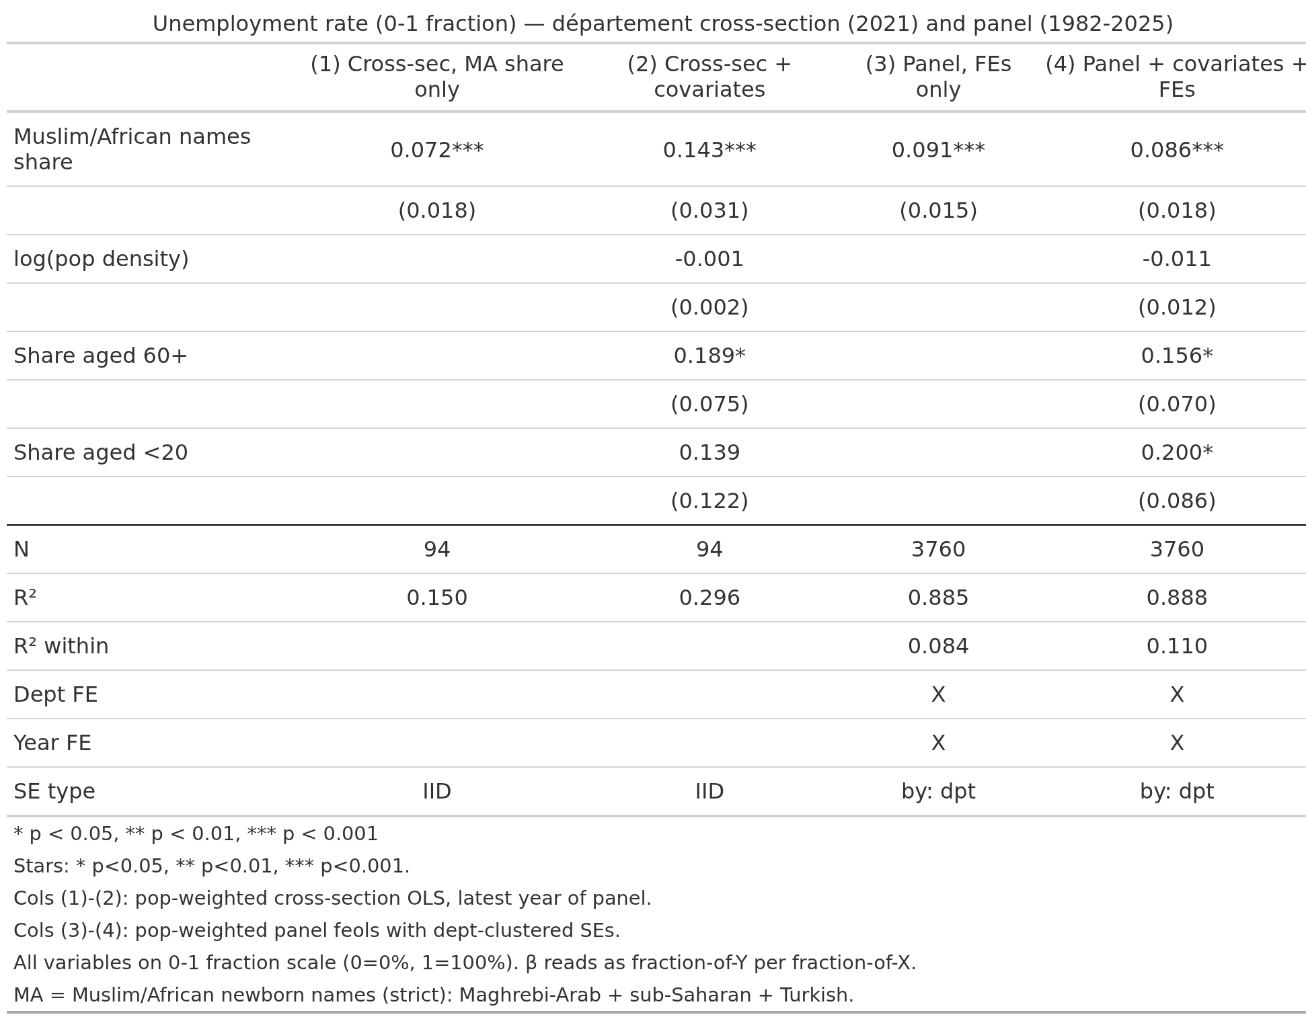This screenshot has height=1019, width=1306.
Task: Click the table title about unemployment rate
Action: [662, 24]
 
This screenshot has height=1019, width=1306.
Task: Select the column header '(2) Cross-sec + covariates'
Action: [709, 77]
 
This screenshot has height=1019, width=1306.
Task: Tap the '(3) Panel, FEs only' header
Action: [938, 77]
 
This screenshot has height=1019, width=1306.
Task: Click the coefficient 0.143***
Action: [709, 150]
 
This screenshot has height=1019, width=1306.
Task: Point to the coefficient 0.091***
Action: [938, 150]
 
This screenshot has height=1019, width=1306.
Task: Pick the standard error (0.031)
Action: [709, 210]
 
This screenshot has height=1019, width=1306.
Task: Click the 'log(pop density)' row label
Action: [101, 259]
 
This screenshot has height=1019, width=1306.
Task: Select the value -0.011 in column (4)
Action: [1177, 259]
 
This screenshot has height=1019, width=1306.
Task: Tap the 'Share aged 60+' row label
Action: [100, 356]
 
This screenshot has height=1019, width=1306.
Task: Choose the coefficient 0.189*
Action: [709, 356]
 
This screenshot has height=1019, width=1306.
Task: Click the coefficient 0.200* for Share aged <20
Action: [1177, 452]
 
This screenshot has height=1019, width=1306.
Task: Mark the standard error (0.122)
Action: [709, 501]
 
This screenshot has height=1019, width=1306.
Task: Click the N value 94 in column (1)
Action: [437, 549]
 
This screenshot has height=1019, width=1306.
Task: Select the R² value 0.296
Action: [709, 598]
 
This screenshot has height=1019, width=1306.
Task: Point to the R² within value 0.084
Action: [938, 646]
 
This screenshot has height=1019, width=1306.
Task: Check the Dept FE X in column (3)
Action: [938, 694]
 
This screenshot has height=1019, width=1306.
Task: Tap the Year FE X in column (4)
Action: [1177, 743]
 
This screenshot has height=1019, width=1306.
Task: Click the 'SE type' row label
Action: [54, 791]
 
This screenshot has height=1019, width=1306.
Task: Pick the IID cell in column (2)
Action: [709, 791]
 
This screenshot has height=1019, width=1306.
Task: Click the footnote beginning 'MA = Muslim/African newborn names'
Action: [434, 995]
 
